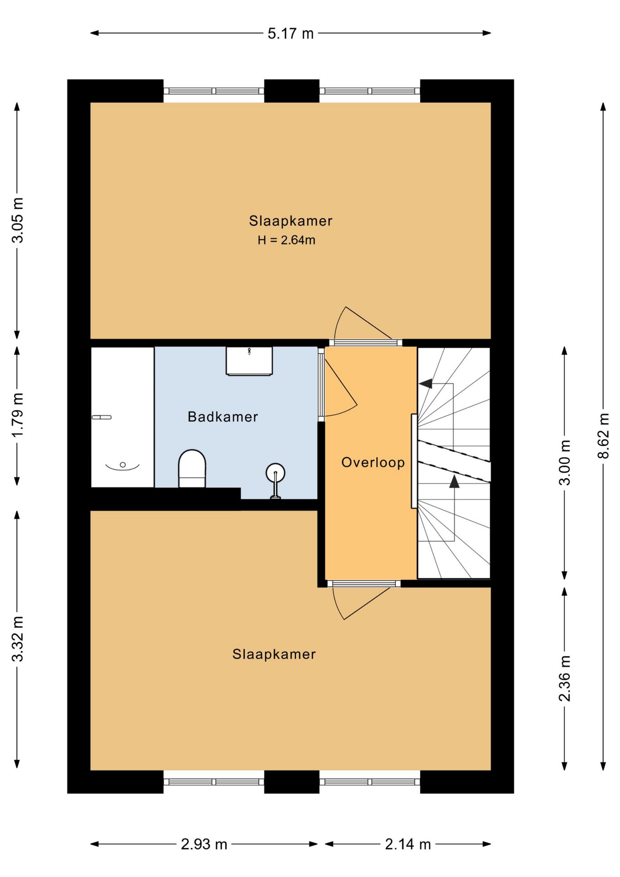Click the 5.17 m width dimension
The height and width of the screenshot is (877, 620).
click(290, 33)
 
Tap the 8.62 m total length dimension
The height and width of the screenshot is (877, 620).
click(603, 435)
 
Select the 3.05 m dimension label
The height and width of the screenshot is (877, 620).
click(17, 220)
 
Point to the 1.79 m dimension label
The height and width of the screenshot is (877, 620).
click(17, 415)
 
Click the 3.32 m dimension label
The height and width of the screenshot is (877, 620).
click(17, 639)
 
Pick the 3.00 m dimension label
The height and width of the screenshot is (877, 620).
click(565, 462)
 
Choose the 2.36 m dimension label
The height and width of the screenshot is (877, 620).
click(565, 678)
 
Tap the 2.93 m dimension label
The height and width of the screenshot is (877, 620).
click(204, 844)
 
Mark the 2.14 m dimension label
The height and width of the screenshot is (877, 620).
click(408, 844)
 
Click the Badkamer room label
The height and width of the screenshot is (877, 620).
click(223, 417)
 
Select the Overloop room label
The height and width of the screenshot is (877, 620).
click(373, 462)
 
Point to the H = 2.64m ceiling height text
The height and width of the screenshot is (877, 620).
click(286, 240)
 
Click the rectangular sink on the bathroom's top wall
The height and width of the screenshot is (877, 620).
click(249, 361)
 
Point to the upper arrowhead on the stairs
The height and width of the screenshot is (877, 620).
click(426, 384)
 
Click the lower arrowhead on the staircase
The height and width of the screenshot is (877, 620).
click(454, 481)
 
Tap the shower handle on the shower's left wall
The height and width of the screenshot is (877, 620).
click(101, 417)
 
